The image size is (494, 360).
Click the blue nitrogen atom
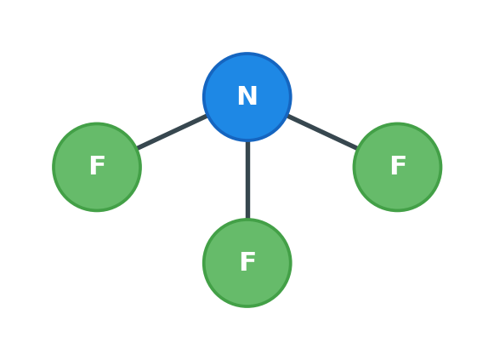pyautogui.click(x=247, y=97)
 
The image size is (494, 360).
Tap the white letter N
pyautogui.click(x=247, y=95)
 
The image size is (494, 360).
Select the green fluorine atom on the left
pyautogui.click(x=97, y=167)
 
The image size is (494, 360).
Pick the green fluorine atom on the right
pyautogui.click(x=397, y=167)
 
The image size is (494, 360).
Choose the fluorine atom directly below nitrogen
pyautogui.click(x=247, y=263)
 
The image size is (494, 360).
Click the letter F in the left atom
pyautogui.click(x=97, y=165)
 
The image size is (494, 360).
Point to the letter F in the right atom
pyautogui.click(x=398, y=165)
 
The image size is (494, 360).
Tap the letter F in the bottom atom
pyautogui.click(x=247, y=261)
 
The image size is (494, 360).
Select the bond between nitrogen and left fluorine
pyautogui.click(x=172, y=132)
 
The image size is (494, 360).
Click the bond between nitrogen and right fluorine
pyautogui.click(x=322, y=132)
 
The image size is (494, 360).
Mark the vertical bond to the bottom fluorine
pyautogui.click(x=247, y=180)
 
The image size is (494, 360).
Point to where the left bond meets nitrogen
pyautogui.click(x=207, y=116)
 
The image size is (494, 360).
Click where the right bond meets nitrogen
pyautogui.click(x=288, y=116)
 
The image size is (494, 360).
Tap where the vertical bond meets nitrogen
pyautogui.click(x=247, y=142)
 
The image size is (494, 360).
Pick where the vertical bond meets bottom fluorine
pyautogui.click(x=247, y=218)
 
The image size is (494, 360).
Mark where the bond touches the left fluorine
pyautogui.click(x=138, y=148)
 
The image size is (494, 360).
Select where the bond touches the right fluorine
pyautogui.click(x=357, y=148)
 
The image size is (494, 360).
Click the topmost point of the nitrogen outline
pyautogui.click(x=247, y=52)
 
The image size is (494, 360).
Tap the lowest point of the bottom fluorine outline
pyautogui.click(x=247, y=308)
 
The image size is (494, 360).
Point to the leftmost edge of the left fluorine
pyautogui.click(x=53, y=167)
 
